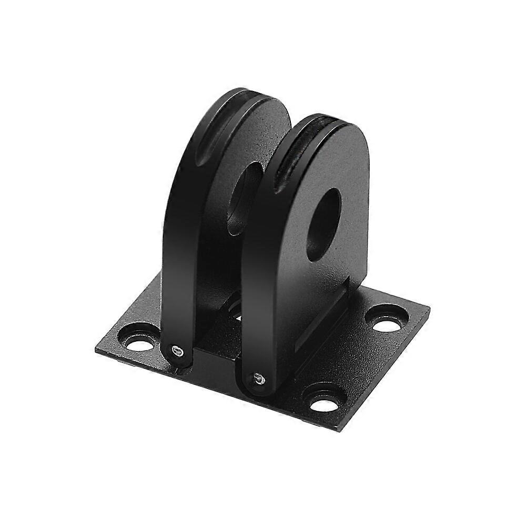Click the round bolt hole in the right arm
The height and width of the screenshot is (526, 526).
click(323, 224)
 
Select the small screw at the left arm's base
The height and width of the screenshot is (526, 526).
click(177, 350)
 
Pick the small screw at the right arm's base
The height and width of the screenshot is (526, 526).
click(257, 377)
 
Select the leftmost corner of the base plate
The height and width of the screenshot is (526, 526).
click(97, 350)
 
